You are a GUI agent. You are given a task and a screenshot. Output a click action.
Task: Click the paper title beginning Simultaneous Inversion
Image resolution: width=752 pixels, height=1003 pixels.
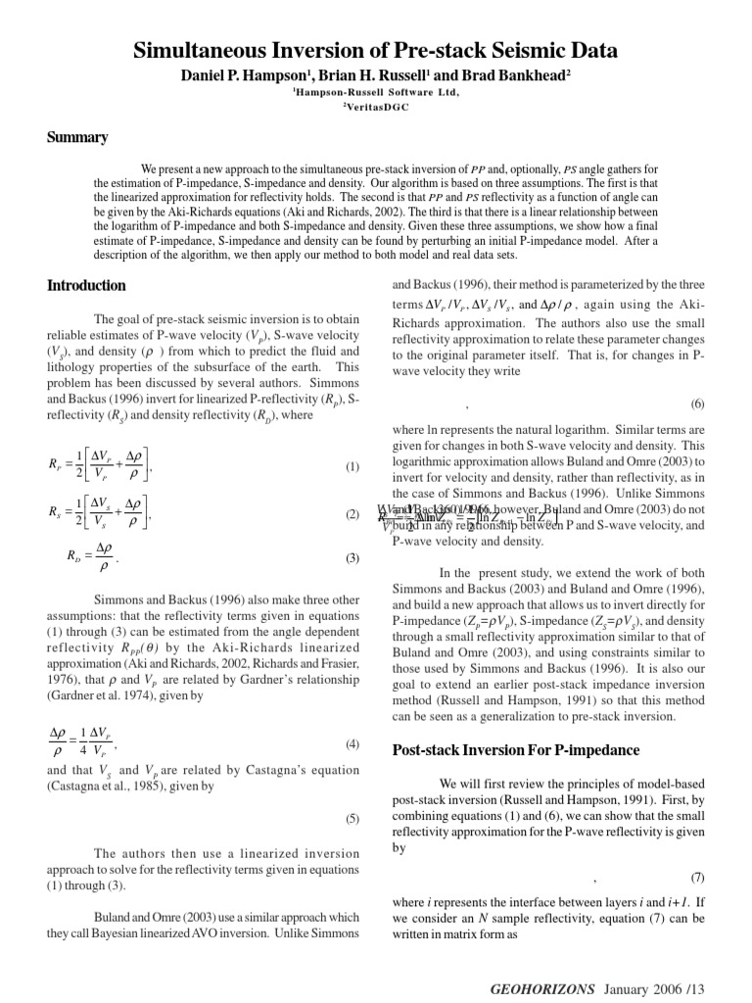(x=376, y=51)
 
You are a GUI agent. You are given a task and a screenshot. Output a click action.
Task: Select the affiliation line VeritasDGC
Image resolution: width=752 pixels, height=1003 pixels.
(x=375, y=107)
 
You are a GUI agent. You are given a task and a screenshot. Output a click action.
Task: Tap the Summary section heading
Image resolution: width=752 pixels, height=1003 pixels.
(x=77, y=137)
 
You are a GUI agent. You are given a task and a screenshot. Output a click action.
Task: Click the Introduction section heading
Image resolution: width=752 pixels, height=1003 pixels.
(x=86, y=286)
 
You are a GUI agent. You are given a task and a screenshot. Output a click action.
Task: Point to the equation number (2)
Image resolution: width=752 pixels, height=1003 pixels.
(x=352, y=514)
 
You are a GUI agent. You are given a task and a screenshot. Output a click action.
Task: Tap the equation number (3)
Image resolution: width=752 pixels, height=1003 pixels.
(x=352, y=558)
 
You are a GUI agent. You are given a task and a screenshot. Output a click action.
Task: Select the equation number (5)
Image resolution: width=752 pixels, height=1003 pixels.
(x=352, y=818)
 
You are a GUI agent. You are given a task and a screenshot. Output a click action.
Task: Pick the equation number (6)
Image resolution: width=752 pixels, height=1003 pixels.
(x=697, y=404)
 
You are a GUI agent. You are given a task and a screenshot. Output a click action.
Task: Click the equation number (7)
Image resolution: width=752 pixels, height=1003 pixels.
(x=697, y=877)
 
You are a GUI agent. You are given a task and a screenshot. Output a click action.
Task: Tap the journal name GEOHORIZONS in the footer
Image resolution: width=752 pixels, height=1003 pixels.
(x=541, y=989)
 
